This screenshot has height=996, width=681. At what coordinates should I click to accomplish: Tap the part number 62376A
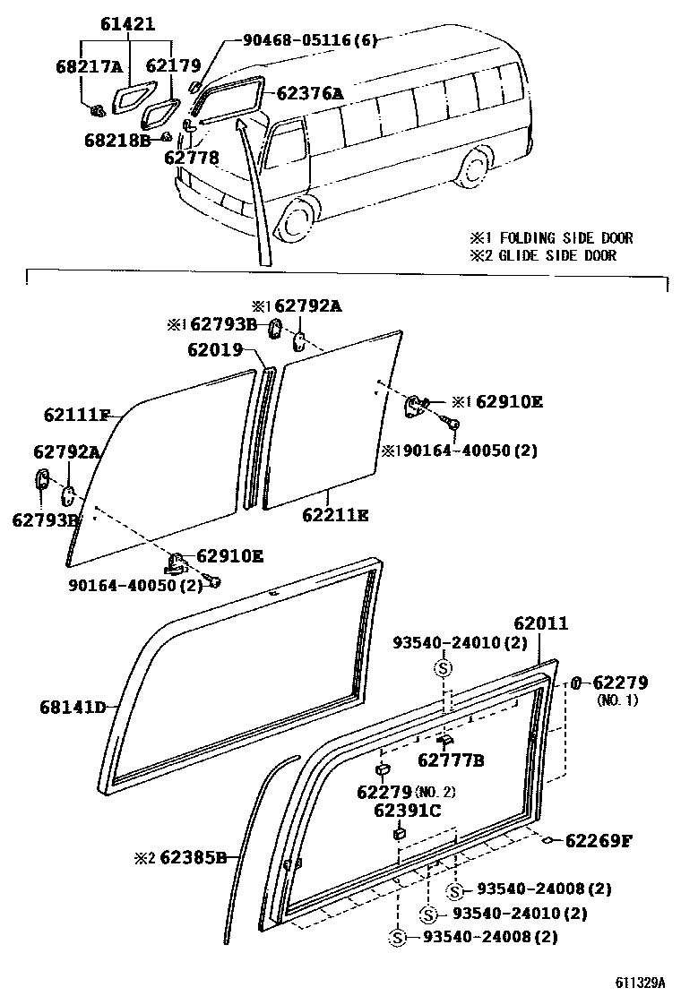click(x=310, y=93)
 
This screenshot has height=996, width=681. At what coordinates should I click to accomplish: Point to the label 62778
click(x=191, y=158)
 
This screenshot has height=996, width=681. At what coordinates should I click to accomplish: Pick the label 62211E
click(x=335, y=515)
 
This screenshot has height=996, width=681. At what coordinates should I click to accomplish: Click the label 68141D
click(x=73, y=707)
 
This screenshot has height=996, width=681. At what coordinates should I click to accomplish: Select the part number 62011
click(x=540, y=623)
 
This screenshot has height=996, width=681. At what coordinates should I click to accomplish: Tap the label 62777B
click(x=451, y=760)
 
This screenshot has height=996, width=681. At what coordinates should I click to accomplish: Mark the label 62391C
click(x=408, y=811)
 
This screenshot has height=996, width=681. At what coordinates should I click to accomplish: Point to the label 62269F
click(x=599, y=840)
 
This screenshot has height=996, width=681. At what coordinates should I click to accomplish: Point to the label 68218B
click(x=116, y=139)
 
